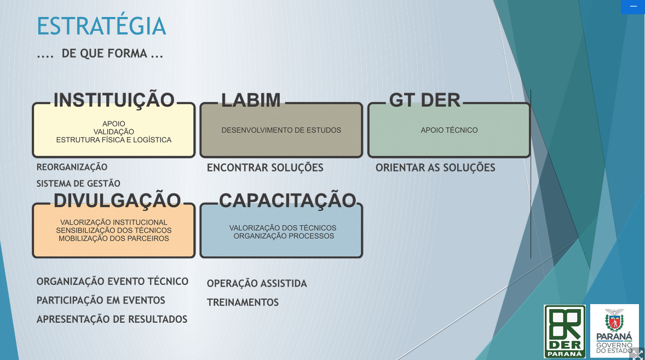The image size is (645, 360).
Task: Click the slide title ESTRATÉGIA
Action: (x=101, y=26)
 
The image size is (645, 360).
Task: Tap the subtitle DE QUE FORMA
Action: (x=104, y=54)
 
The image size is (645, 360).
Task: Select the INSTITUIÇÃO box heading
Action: (x=114, y=100)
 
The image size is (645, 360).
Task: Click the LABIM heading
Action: (x=251, y=100)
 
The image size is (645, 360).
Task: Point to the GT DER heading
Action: (x=424, y=100)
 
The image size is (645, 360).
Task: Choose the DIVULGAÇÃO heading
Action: (x=117, y=201)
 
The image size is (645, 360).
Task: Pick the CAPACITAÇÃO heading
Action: (x=287, y=201)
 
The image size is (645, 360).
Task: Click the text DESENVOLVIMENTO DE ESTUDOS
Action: (x=281, y=130)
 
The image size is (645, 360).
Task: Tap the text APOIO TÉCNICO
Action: (x=449, y=130)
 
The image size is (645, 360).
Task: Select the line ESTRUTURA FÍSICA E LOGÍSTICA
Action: (x=114, y=140)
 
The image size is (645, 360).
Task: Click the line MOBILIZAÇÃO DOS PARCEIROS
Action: (x=114, y=238)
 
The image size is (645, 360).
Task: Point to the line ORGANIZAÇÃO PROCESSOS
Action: (x=284, y=236)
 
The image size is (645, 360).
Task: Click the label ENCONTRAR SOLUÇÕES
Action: (x=265, y=168)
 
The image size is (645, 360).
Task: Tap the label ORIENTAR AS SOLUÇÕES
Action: (x=435, y=168)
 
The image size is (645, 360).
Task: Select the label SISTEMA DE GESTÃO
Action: (x=78, y=184)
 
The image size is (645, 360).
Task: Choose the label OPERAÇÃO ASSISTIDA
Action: (x=257, y=283)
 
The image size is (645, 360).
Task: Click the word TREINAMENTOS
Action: (x=243, y=302)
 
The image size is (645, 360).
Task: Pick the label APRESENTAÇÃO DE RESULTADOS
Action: (x=112, y=319)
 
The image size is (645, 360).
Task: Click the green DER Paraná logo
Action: (x=565, y=331)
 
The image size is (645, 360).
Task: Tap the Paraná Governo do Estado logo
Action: (x=614, y=331)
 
